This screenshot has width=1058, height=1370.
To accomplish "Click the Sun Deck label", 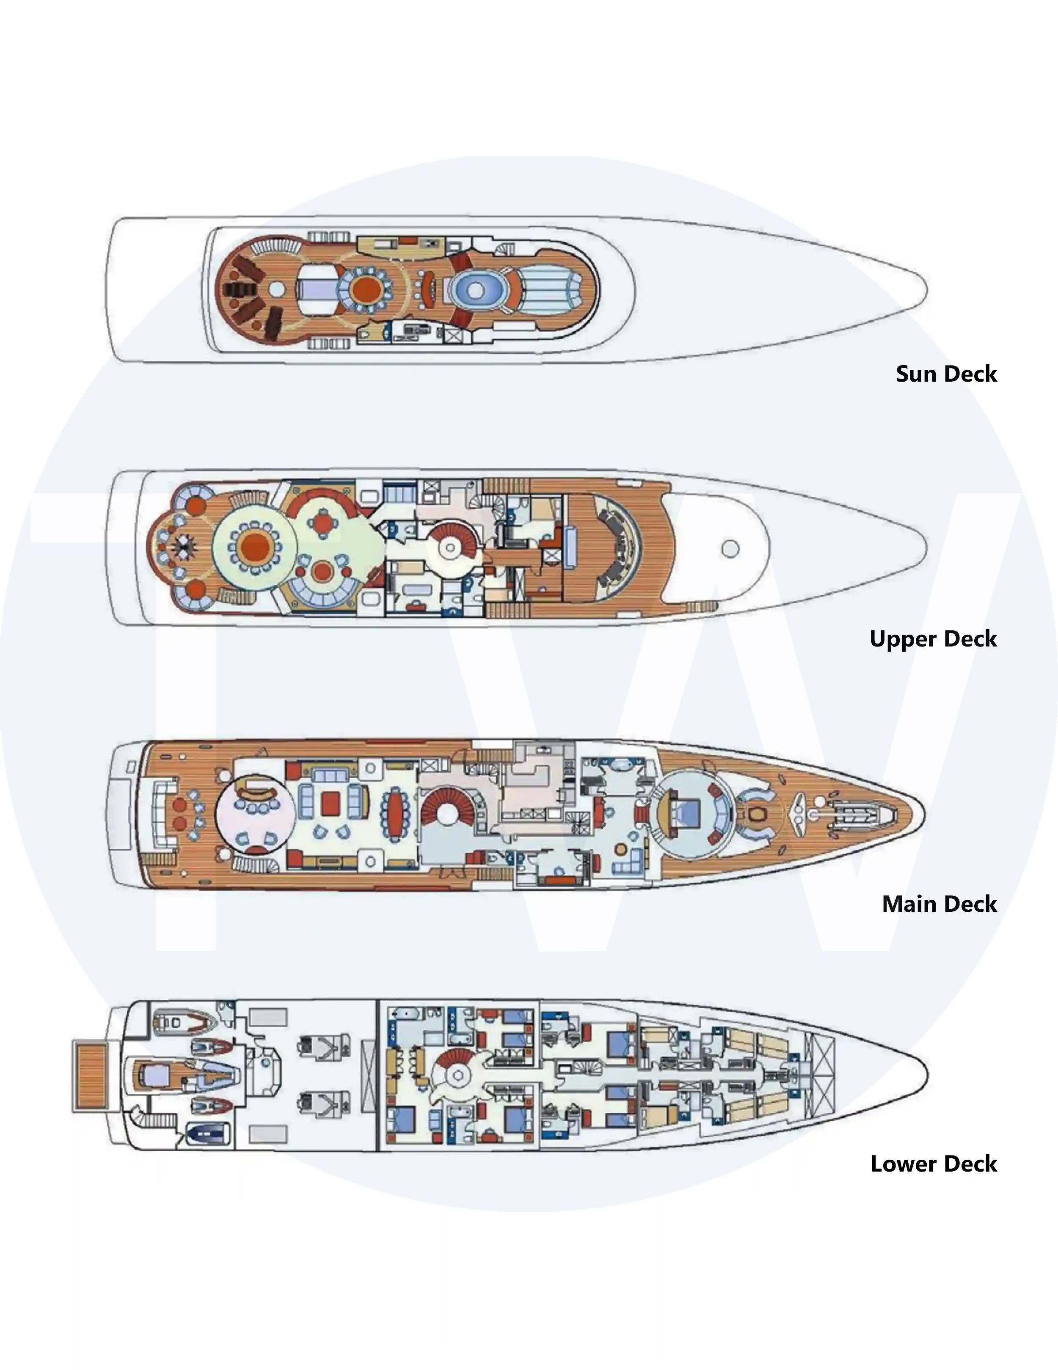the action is [x=946, y=374].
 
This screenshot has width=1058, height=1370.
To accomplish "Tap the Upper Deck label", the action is [x=933, y=638].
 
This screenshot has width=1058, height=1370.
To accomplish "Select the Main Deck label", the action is [x=940, y=904].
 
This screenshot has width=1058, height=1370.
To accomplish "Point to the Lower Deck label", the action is [x=934, y=1164].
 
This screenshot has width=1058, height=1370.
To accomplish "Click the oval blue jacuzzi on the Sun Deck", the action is [x=476, y=290].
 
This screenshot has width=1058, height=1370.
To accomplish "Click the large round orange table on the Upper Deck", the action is [x=255, y=547].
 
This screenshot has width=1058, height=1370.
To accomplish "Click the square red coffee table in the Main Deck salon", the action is [x=331, y=803].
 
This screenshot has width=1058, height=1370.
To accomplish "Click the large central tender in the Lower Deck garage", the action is [x=182, y=1075].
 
